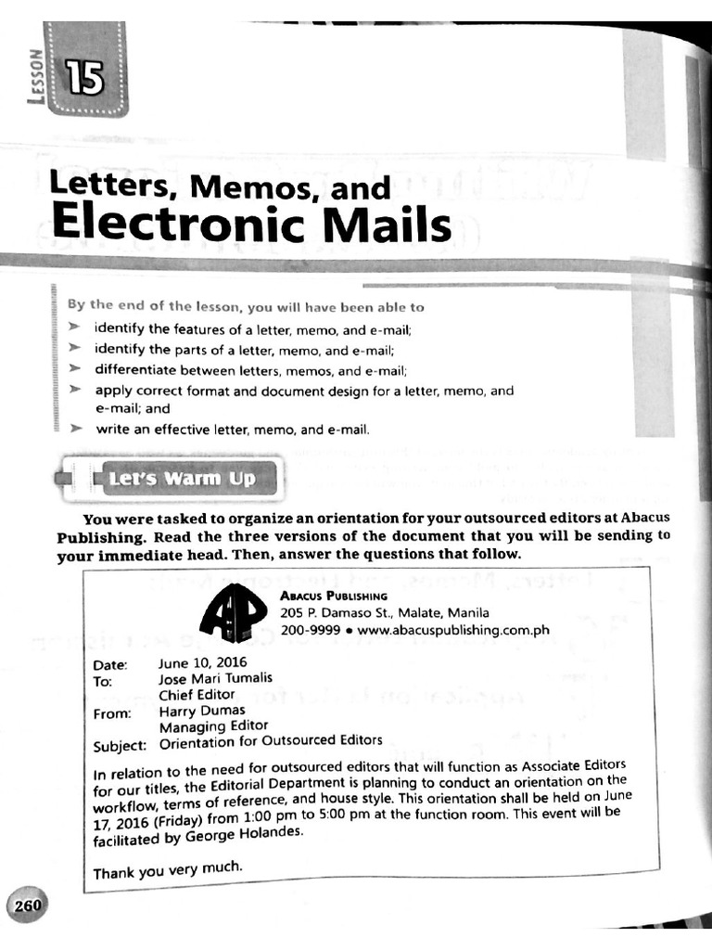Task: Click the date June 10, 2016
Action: tap(197, 663)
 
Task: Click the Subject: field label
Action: tap(121, 746)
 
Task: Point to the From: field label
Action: tap(114, 713)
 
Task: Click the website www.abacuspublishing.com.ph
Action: tap(453, 630)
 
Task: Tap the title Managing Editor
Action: tap(213, 725)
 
